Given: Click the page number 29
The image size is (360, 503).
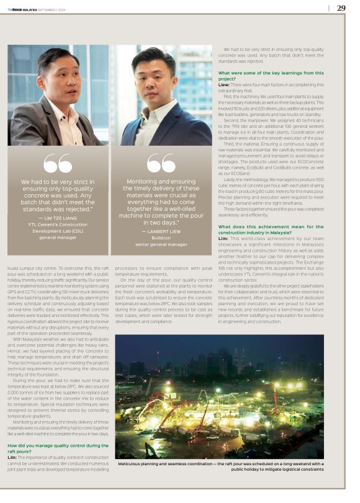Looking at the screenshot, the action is click(341, 8).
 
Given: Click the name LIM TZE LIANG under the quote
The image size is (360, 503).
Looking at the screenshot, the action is click(60, 219).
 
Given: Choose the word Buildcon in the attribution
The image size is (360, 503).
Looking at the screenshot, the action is click(161, 238).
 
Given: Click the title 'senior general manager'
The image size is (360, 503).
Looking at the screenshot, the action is click(161, 244).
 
